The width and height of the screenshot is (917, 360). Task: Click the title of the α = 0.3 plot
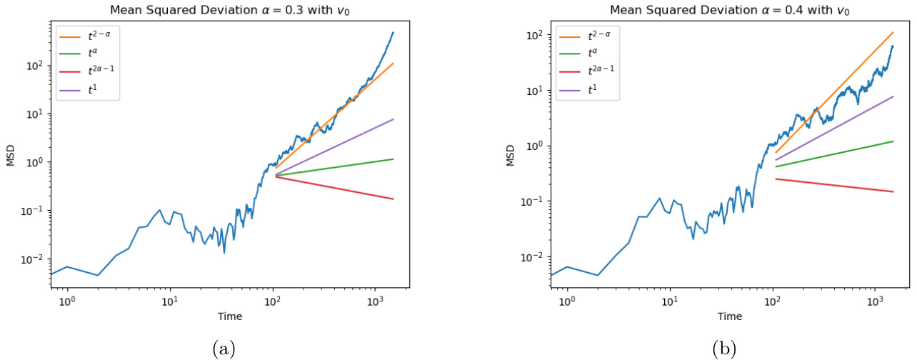point(230,9)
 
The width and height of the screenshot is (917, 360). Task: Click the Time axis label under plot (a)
point(230,316)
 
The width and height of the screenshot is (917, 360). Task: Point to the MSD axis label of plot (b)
point(511,154)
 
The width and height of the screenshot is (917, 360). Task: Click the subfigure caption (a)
point(224,349)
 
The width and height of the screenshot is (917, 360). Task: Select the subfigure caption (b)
point(723,349)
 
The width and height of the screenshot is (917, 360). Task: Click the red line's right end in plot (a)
point(393,199)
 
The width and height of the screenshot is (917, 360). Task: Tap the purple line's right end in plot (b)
point(893,96)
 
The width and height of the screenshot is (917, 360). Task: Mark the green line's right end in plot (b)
point(893,141)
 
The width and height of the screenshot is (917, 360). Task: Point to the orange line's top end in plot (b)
point(893,32)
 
